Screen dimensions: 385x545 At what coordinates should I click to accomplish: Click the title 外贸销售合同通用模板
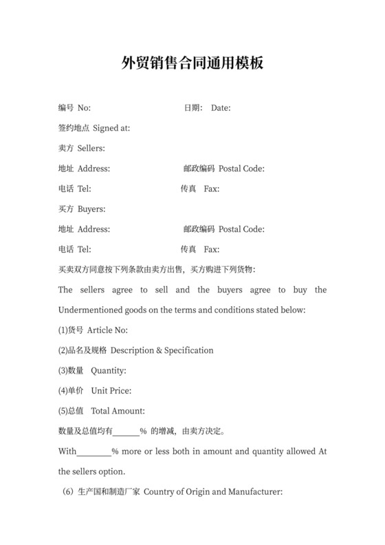pyautogui.click(x=192, y=64)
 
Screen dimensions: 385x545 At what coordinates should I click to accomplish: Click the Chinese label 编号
pyautogui.click(x=66, y=108)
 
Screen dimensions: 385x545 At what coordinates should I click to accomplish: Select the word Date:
pyautogui.click(x=221, y=108)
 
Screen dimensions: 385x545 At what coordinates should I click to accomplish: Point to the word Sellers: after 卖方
pyautogui.click(x=91, y=149)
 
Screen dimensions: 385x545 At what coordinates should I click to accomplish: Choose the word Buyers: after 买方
pyautogui.click(x=91, y=209)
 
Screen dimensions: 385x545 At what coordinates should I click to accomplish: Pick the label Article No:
pyautogui.click(x=107, y=330)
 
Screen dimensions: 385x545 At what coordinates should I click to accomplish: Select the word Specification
pyautogui.click(x=188, y=350)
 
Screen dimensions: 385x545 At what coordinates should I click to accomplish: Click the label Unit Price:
pyautogui.click(x=111, y=391)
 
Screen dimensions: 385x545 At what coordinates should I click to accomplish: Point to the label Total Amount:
pyautogui.click(x=118, y=412)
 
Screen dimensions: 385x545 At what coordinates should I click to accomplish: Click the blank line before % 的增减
pyautogui.click(x=126, y=433)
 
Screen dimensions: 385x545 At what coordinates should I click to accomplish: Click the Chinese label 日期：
pyautogui.click(x=193, y=108)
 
